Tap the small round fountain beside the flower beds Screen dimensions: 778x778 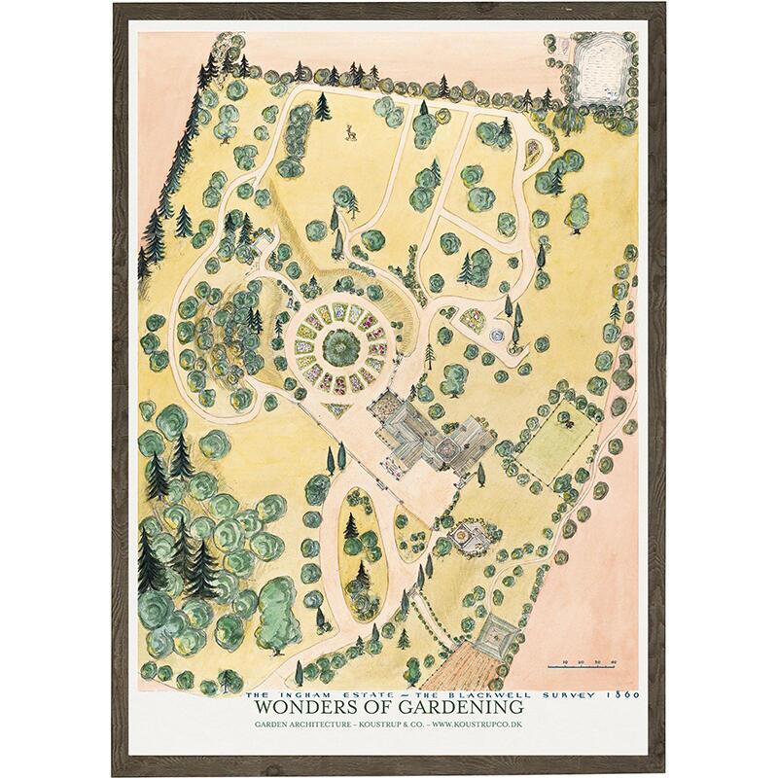coord(498,336)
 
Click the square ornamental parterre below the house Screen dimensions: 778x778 coord(468,534)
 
